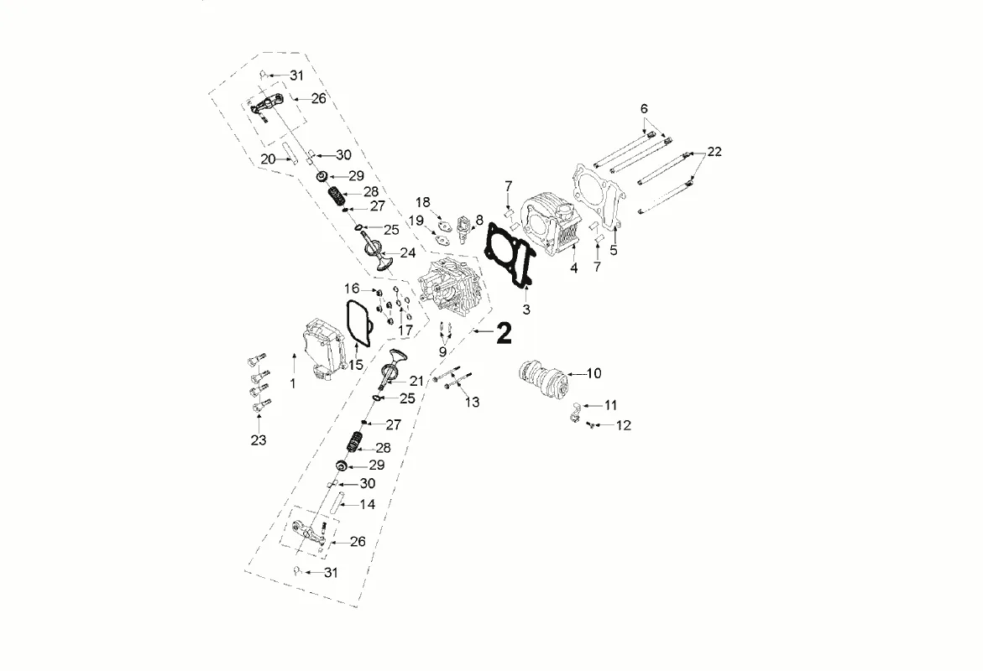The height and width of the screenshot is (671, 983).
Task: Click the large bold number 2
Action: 504,333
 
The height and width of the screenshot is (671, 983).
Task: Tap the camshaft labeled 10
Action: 541,377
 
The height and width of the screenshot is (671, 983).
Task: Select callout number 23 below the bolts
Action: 259,440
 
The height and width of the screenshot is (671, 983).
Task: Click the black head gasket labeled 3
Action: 510,256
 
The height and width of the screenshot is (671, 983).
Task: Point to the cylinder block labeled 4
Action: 547,227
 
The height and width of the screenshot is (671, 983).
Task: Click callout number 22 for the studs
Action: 714,152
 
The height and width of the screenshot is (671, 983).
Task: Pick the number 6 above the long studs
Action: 644,108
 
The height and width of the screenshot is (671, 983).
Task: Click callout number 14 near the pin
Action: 368,504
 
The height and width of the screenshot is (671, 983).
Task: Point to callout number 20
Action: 268,159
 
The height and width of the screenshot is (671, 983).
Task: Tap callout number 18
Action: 423,202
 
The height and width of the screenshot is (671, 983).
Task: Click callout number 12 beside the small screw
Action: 623,424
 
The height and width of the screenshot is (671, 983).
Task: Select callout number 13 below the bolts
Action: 472,402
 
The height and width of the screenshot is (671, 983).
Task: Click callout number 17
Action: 405,330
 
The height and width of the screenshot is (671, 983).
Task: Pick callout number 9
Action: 442,352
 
